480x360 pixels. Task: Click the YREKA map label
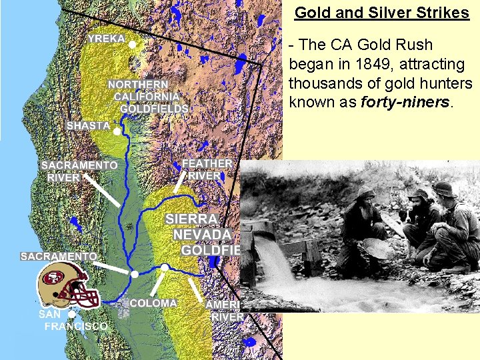tap(107, 39)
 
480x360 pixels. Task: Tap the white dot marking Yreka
tap(132, 45)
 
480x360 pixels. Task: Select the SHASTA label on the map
tap(88, 125)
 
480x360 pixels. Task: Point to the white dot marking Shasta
tap(117, 132)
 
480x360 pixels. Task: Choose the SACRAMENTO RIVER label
tap(79, 171)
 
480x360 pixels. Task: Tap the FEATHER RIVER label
tap(207, 169)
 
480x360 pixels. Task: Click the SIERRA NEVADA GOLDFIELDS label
tap(200, 234)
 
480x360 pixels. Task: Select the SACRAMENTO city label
tap(59, 255)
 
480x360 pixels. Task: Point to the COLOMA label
tap(153, 303)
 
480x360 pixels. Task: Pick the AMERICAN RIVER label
tap(225, 310)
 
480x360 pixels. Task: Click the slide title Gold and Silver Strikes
tap(382, 13)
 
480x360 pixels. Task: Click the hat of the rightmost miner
tap(445, 188)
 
